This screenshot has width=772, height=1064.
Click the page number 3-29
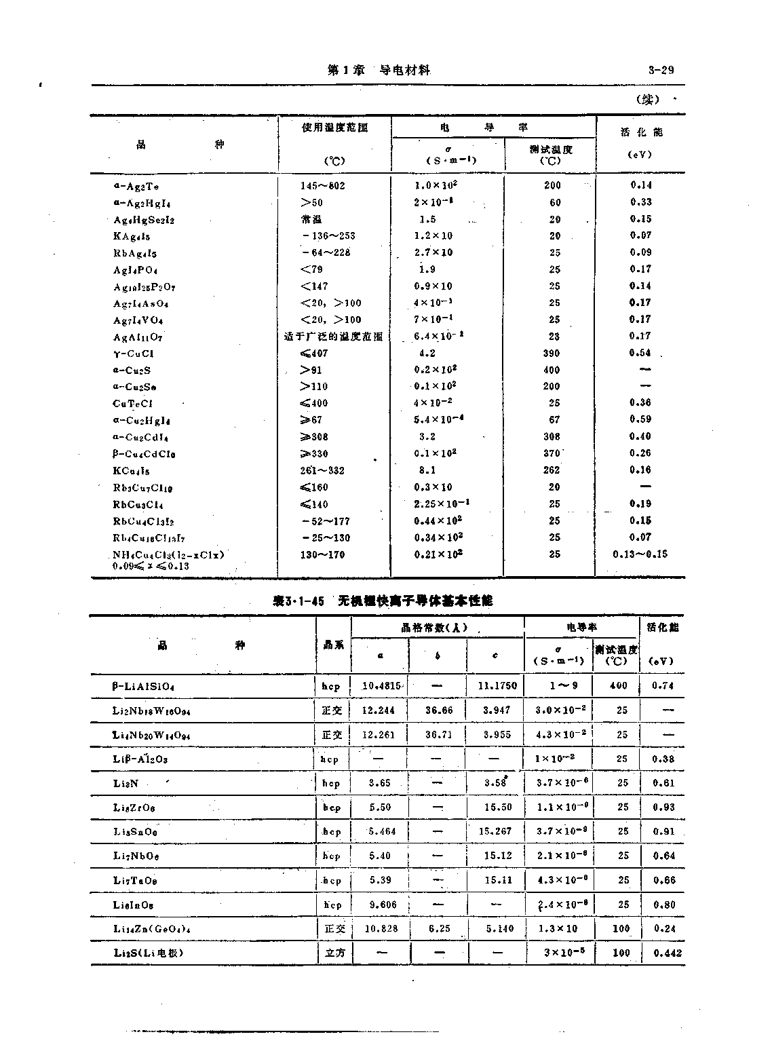point(660,70)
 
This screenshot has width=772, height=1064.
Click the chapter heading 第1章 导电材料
point(379,70)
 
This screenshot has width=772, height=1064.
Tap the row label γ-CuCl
point(134,354)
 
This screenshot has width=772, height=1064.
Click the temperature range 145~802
point(323,185)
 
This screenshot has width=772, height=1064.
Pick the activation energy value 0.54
point(640,353)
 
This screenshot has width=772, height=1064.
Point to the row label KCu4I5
point(132,470)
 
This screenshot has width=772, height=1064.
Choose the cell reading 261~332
point(323,470)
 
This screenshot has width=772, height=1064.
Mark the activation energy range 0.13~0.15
point(640,554)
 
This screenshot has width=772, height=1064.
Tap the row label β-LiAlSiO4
point(144,686)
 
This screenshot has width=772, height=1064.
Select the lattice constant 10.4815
point(381,685)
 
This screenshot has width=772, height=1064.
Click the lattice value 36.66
point(438,710)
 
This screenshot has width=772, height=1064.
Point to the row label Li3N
point(126,783)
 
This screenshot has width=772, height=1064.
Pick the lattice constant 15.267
point(495,831)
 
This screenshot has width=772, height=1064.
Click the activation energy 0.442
point(668,953)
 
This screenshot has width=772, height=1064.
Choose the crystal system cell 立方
point(332,953)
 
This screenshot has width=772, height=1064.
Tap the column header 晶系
point(333,645)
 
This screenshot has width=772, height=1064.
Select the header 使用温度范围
point(334,128)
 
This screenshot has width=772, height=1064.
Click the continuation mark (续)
point(648,100)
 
